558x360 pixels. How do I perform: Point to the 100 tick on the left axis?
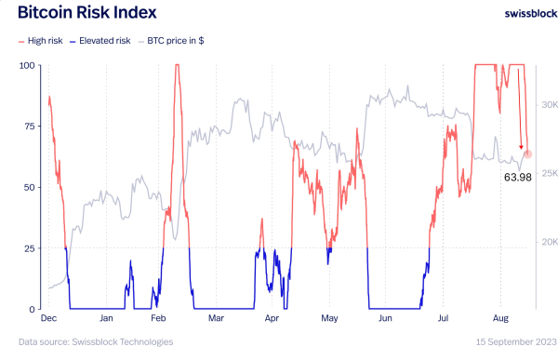click(x=28, y=65)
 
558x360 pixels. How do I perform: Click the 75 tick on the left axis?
click(x=31, y=127)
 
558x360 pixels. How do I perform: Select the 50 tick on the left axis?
click(x=31, y=187)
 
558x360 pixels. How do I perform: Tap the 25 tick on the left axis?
click(x=31, y=248)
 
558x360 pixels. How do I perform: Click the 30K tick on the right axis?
click(x=549, y=104)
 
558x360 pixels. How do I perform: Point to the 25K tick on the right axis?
click(x=549, y=173)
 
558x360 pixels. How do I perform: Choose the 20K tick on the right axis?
click(x=549, y=242)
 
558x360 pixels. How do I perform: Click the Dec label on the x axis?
click(x=50, y=319)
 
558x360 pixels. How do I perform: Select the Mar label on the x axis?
click(x=217, y=319)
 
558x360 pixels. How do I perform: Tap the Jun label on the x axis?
click(x=386, y=319)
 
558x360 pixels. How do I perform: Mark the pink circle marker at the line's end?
click(x=527, y=153)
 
